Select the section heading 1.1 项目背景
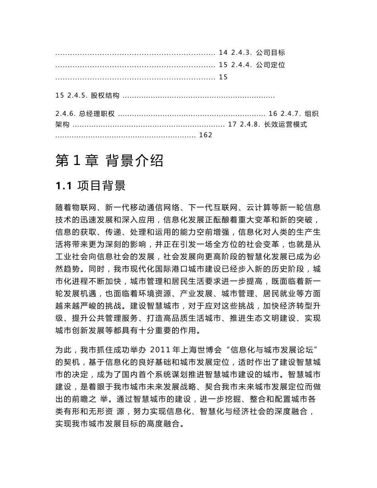pyautogui.click(x=91, y=185)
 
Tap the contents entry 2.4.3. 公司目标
pyautogui.click(x=258, y=53)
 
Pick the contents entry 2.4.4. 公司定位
pyautogui.click(x=258, y=65)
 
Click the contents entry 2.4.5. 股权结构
pyautogui.click(x=93, y=96)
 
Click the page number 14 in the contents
pyautogui.click(x=223, y=53)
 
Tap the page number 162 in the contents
pyautogui.click(x=206, y=135)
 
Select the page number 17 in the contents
pyautogui.click(x=233, y=125)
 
